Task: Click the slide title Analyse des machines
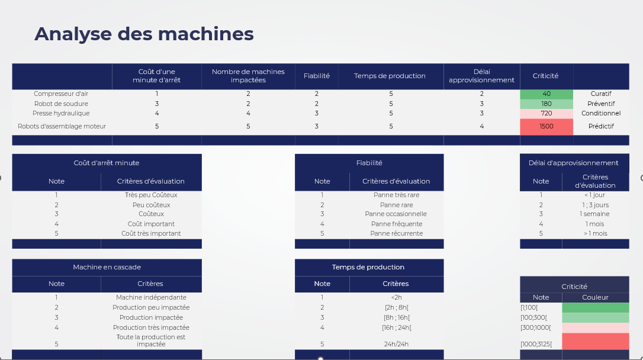[144, 34]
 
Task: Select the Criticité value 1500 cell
[546, 126]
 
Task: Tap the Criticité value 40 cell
[546, 94]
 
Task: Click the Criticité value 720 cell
[546, 113]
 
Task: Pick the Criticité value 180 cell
[546, 104]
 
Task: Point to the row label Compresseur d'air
[61, 94]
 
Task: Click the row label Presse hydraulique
[61, 113]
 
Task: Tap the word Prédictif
[601, 126]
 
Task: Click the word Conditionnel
[601, 113]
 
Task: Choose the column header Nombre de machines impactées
[248, 76]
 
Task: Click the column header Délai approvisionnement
[481, 76]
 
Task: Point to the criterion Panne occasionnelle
[396, 214]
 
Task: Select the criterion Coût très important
[151, 233]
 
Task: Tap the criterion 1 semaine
[594, 214]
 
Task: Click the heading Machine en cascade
[107, 267]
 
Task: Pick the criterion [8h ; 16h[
[396, 317]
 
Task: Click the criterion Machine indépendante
[151, 297]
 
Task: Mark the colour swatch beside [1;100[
[595, 307]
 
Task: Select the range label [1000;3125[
[536, 344]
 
